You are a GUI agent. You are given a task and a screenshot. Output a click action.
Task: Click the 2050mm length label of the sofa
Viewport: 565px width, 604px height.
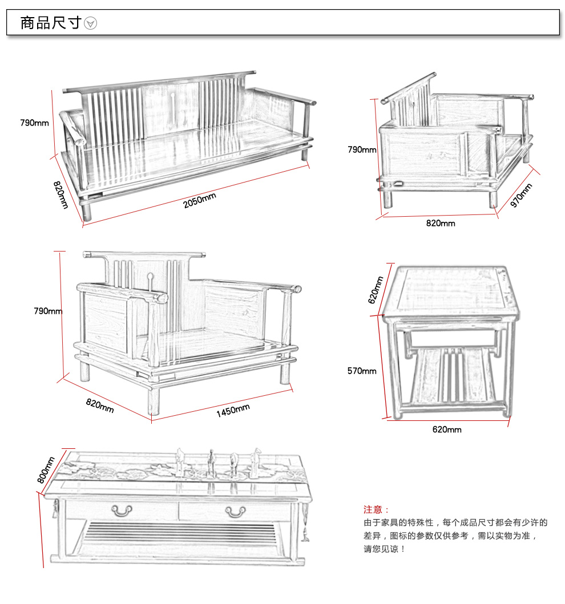coord(200,201)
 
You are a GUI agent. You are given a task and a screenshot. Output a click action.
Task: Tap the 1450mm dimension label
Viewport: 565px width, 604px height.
coord(233,410)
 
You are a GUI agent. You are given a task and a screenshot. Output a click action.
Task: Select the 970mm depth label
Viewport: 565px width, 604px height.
coord(521,195)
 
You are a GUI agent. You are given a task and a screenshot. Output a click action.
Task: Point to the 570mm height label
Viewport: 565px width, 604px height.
coord(362,371)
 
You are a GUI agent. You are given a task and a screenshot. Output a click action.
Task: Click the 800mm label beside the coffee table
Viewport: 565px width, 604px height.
coord(46,469)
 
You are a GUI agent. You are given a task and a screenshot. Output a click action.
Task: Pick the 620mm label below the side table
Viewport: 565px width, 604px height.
coord(446,429)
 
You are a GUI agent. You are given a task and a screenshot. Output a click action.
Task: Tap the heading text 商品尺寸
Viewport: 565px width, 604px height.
coord(50,23)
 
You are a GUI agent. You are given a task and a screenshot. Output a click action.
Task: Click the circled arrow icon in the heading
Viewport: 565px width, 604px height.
coord(91,23)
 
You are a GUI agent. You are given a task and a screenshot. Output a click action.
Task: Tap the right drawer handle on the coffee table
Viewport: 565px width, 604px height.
coord(235,511)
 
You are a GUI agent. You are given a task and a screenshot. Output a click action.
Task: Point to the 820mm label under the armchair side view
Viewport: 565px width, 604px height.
coord(441,223)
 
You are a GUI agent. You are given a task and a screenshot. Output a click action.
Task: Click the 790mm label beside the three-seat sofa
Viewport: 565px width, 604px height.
coord(34,123)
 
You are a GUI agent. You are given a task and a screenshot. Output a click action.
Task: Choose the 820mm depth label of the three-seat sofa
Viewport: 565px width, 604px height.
coord(60,194)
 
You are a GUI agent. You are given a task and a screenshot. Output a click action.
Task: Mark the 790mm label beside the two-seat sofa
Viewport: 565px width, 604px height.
coord(48,311)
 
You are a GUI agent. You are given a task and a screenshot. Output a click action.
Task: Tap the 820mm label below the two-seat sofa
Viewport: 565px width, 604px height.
coord(100,406)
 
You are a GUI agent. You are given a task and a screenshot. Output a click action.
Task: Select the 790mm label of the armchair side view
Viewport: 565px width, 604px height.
coord(362,149)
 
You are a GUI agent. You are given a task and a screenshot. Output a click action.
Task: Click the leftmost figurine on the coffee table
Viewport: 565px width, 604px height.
coord(180,461)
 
